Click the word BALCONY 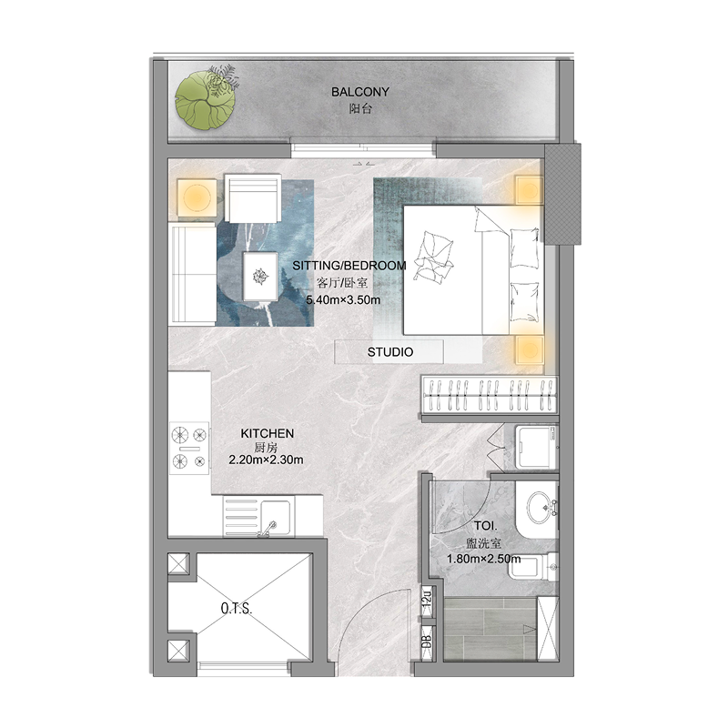pos(359,92)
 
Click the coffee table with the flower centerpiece pos(261,275)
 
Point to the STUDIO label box pos(389,351)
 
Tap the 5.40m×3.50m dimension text pos(342,298)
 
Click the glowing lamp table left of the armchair pos(195,197)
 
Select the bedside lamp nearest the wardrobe pos(529,350)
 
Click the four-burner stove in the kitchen pos(189,449)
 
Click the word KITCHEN pos(267,433)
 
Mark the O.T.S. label pos(235,607)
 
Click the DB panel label pos(426,641)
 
